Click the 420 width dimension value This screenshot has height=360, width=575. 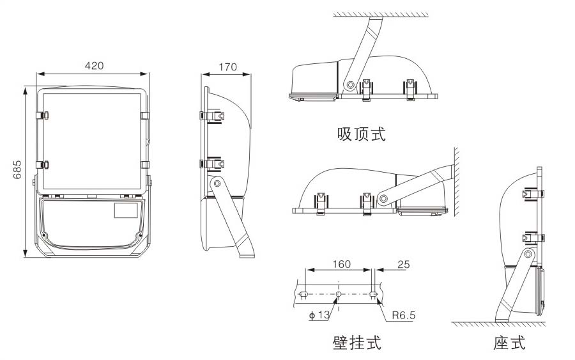(94, 65)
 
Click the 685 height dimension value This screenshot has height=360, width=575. (18, 169)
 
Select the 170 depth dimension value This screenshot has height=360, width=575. (227, 67)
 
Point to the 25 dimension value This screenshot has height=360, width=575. (403, 264)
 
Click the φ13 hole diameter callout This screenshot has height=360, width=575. (319, 315)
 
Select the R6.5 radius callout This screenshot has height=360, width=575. (404, 315)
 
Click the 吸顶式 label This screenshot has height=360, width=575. (362, 134)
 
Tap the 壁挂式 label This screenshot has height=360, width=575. (356, 343)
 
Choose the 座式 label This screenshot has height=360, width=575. (509, 343)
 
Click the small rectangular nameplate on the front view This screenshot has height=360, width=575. (126, 210)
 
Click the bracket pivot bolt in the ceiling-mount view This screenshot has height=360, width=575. (349, 84)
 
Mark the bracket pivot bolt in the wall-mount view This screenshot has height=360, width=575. (383, 198)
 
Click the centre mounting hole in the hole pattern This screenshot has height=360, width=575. (339, 294)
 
